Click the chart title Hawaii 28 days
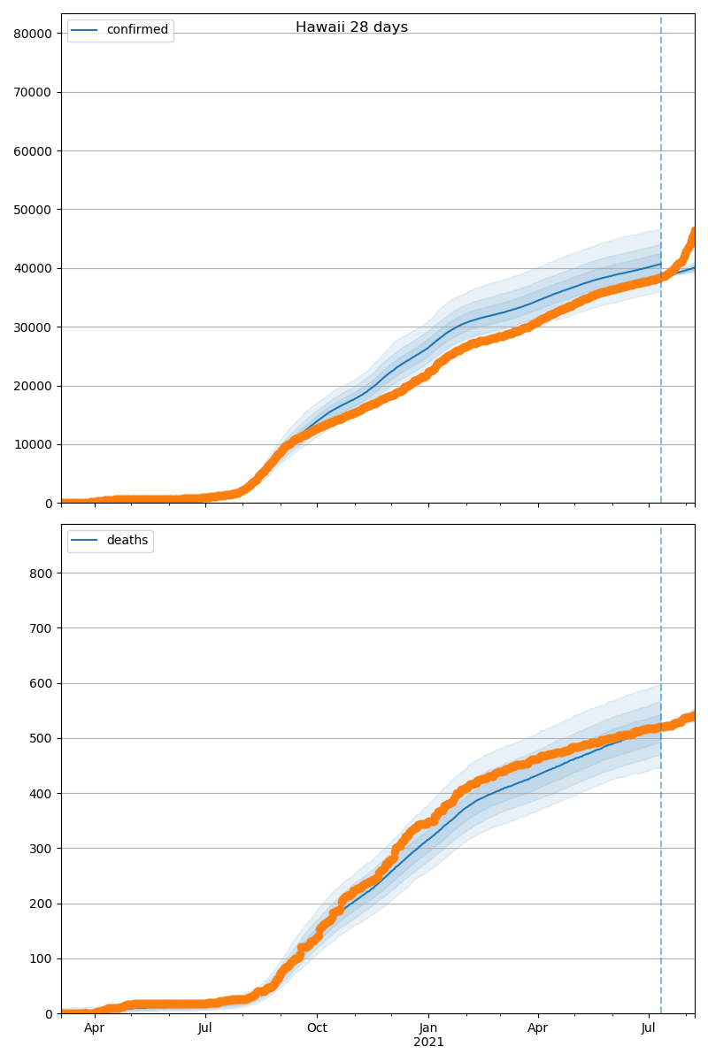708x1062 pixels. pos(351,27)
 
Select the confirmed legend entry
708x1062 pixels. pos(136,30)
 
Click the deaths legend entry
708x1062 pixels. pos(127,541)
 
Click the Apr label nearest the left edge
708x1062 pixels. pos(95,1027)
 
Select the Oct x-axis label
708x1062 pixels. pos(317,1027)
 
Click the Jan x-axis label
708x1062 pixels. pos(428,1027)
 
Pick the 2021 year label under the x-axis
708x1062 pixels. pos(428,1042)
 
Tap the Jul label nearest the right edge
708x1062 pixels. pos(649,1027)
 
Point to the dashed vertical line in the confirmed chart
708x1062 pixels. pos(661,133)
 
